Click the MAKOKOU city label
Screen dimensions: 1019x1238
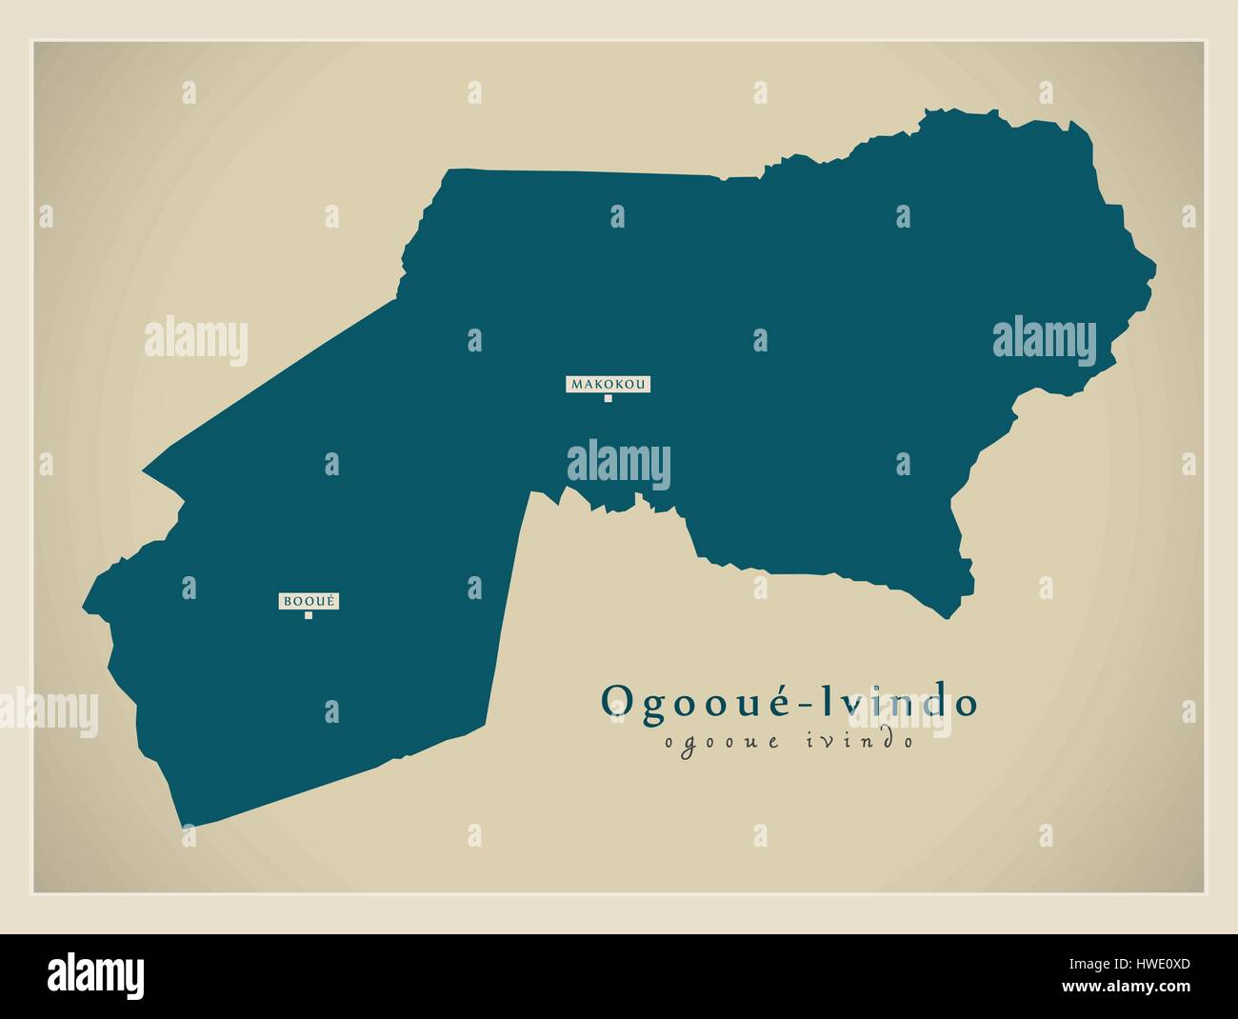608,385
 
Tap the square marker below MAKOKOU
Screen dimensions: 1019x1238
608,399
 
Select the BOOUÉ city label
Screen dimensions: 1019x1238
309,601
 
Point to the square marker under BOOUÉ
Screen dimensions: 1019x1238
309,615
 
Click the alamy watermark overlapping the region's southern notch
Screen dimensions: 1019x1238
618,466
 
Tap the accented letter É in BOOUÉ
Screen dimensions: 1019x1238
332,601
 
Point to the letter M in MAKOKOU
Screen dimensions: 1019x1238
575,385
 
